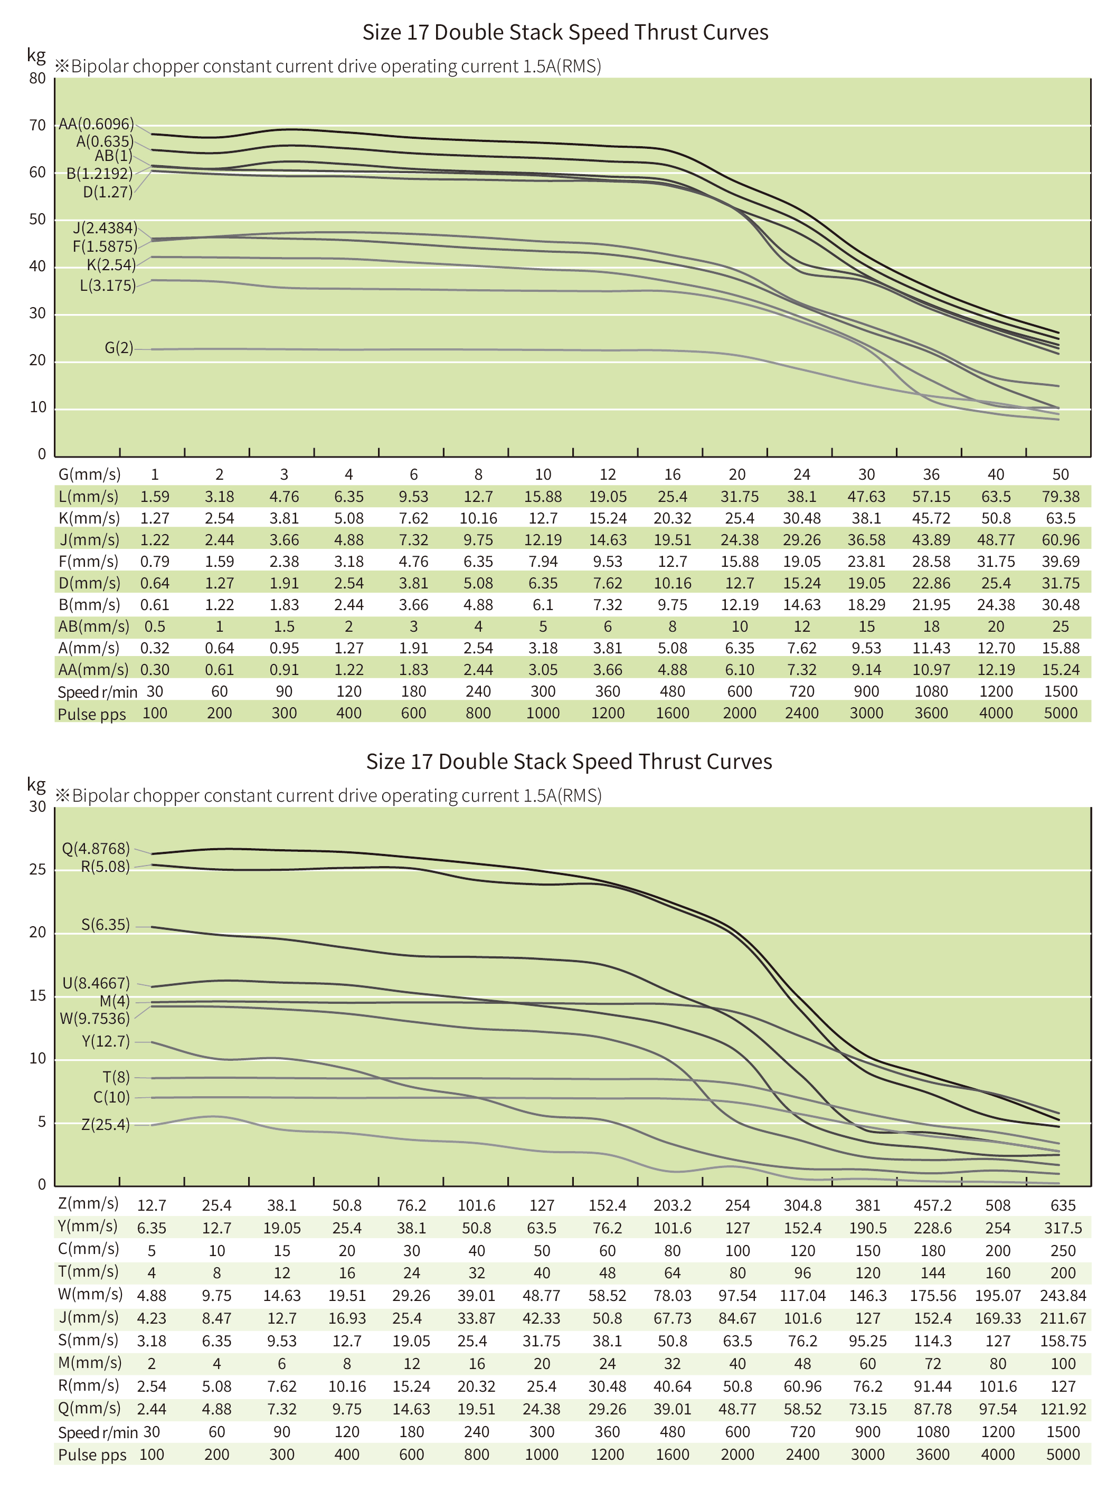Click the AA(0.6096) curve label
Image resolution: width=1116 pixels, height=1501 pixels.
tap(96, 124)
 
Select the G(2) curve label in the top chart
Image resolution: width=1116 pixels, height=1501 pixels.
tap(118, 348)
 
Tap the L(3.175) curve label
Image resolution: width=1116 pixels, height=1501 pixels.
tap(107, 286)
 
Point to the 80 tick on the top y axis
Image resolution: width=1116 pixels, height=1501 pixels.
tap(38, 78)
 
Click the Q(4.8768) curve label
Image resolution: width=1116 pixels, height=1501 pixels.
tap(96, 848)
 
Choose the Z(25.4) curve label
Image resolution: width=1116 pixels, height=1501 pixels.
tap(106, 1124)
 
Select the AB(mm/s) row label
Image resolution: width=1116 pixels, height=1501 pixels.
tap(93, 626)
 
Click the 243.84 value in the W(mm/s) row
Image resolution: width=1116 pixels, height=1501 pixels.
tap(1063, 1295)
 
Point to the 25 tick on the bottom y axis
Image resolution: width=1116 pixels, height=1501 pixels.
tap(38, 869)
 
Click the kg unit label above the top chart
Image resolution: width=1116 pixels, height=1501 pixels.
tap(36, 55)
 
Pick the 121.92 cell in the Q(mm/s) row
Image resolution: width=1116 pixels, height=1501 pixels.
tap(1063, 1409)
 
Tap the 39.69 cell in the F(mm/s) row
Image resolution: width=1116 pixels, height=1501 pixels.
tap(1060, 561)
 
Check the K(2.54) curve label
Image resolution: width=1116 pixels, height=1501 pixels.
tap(111, 265)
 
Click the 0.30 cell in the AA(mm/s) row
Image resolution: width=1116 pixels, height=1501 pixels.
tap(155, 669)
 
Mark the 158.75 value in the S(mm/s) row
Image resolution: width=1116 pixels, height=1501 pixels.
tap(1063, 1341)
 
